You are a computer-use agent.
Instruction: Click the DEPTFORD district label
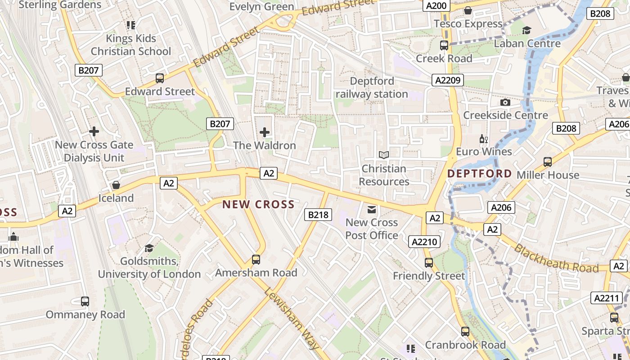pos(479,174)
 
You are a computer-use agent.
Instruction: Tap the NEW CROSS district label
pos(258,204)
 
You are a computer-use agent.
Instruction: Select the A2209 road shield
pos(448,80)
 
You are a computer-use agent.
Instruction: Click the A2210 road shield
pos(425,242)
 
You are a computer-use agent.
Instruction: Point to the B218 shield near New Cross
pos(318,215)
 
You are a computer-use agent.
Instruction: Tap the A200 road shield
pos(436,6)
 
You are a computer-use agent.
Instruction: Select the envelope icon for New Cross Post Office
pos(372,209)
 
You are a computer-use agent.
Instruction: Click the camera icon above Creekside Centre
pos(505,102)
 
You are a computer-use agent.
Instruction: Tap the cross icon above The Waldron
pos(265,132)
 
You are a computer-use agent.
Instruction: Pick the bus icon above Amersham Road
pos(256,259)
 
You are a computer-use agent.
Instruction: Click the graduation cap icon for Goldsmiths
pos(149,248)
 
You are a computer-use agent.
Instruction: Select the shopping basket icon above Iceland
pos(116,185)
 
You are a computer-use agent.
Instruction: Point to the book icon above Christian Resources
pos(383,155)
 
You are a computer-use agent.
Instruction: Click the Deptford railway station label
pos(372,88)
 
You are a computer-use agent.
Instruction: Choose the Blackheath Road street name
pos(556,259)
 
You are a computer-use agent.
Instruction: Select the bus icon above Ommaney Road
pos(85,301)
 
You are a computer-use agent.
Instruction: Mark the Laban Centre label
pos(527,44)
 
